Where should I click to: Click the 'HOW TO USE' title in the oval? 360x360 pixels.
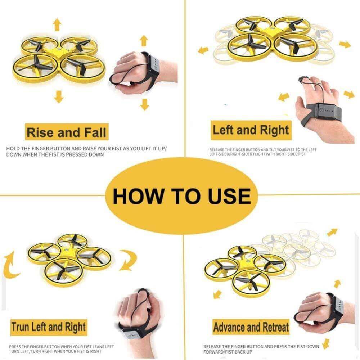tap(182, 196)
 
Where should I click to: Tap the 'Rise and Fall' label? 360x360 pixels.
tap(67, 132)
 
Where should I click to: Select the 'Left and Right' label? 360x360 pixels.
tap(251, 130)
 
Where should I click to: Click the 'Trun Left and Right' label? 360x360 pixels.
tap(48, 327)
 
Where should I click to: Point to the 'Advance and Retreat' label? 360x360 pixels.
tap(251, 327)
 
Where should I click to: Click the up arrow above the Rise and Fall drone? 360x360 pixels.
tap(57, 25)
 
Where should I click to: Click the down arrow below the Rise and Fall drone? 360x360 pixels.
tap(59, 96)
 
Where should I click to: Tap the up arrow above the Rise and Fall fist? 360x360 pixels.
tap(144, 40)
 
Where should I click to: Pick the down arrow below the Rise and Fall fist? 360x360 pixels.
tap(145, 104)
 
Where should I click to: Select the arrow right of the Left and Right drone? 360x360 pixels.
tap(345, 45)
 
